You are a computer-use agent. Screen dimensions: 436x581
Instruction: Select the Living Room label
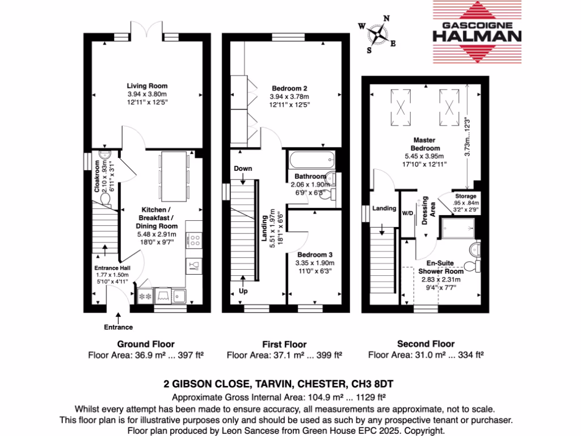(147, 86)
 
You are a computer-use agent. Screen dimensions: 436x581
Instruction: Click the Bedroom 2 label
(289, 89)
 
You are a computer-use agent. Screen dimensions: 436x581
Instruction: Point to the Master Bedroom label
(418, 144)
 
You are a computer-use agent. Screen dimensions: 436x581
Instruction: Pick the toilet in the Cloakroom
(106, 198)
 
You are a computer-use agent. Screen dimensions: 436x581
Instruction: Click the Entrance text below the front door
(118, 327)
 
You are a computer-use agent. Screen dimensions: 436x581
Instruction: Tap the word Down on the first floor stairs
(243, 169)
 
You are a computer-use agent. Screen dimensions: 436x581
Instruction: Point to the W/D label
(407, 214)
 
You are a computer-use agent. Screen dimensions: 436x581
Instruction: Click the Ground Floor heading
(146, 344)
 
